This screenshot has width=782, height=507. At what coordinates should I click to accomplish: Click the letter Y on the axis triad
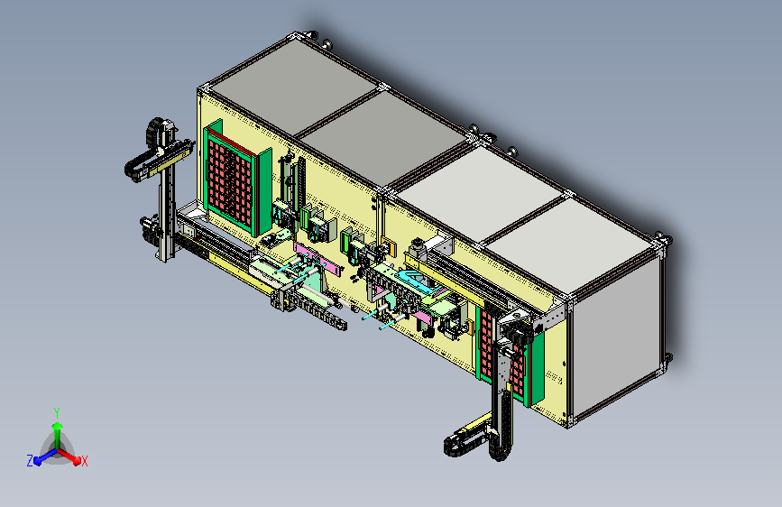[x=57, y=412]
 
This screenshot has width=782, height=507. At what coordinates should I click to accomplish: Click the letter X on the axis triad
[x=85, y=461]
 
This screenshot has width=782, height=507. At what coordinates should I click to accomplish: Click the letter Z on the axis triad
[x=30, y=461]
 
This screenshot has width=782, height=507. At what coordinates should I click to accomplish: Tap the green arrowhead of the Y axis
[x=58, y=427]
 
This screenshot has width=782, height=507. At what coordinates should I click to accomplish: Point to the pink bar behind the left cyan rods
[x=318, y=259]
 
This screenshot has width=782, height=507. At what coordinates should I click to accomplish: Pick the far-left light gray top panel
[x=293, y=86]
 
